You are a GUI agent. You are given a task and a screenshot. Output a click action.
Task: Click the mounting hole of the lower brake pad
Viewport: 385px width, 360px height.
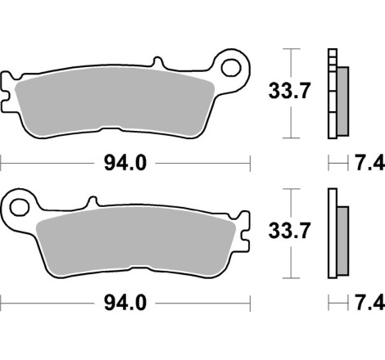pos(18,202)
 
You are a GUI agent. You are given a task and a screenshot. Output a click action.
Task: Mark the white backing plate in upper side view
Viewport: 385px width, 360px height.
pos(332,94)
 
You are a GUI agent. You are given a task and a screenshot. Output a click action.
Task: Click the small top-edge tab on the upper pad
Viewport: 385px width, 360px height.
pos(158,64)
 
